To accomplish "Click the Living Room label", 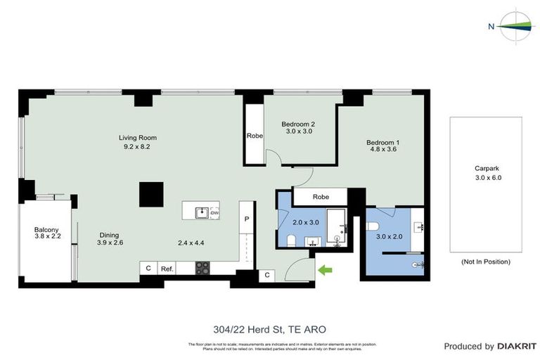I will tap(137, 138).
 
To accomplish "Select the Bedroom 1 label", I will tap(380, 143).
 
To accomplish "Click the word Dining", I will tap(108, 235).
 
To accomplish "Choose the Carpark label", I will tap(486, 169).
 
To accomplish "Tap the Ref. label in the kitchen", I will tap(167, 268).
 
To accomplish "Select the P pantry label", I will tap(246, 219).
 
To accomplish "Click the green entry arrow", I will tap(324, 269).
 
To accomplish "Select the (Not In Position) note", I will tap(486, 262).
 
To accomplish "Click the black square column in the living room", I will tap(151, 194).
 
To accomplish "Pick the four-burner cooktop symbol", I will tap(202, 267).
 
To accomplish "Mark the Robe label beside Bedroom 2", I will tap(254, 136).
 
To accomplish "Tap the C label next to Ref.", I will tap(148, 268).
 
